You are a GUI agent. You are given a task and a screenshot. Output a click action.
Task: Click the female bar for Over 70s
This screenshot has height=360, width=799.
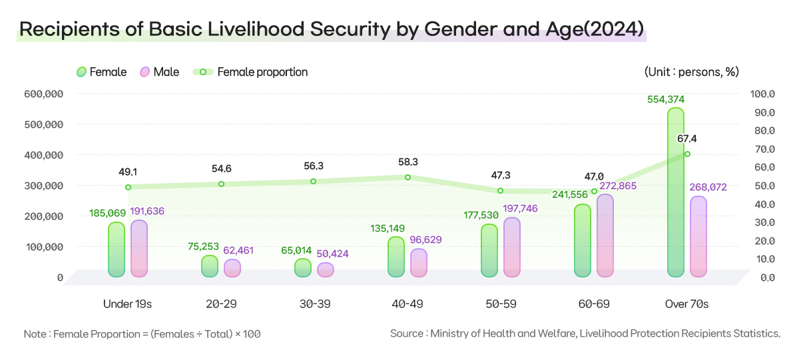[x=676, y=192]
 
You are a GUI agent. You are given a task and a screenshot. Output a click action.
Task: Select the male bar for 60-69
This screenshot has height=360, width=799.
[x=605, y=236]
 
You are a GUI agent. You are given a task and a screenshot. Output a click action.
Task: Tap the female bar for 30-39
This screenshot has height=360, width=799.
[x=303, y=268]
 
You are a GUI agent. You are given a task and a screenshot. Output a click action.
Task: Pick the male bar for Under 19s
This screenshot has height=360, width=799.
[x=139, y=248]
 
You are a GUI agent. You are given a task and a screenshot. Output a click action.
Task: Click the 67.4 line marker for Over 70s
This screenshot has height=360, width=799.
[x=687, y=154]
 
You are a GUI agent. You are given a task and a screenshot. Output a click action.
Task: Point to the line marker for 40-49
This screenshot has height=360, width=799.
[x=407, y=177]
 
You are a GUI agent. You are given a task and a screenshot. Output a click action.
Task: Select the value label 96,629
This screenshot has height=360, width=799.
[x=419, y=240]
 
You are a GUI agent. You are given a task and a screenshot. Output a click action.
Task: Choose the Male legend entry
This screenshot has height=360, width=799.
[x=160, y=72]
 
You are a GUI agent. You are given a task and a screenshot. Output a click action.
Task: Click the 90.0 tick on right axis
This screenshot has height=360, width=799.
[x=763, y=112]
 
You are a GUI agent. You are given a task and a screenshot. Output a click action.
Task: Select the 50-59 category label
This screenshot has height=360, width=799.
[x=501, y=304]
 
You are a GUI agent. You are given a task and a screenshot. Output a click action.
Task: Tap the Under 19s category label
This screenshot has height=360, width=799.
[x=128, y=304]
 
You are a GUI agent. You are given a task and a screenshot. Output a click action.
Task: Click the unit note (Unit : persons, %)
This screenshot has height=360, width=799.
[x=691, y=72]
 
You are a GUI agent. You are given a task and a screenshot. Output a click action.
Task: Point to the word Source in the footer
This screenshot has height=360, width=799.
[x=407, y=333]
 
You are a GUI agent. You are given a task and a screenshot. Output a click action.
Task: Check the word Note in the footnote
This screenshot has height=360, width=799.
[x=35, y=333]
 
